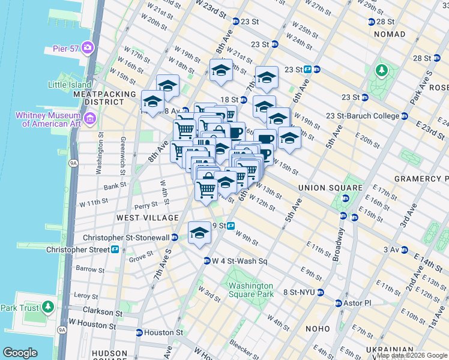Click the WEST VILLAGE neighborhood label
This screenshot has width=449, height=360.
point(148,217)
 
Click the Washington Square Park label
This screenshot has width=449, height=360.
point(251,290)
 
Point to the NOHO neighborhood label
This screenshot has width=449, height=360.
point(318,328)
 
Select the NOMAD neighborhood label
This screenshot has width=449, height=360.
point(390,34)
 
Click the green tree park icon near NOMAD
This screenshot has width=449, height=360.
point(381,70)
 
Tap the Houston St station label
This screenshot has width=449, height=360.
point(163,332)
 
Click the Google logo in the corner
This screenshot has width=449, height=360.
point(20,353)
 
